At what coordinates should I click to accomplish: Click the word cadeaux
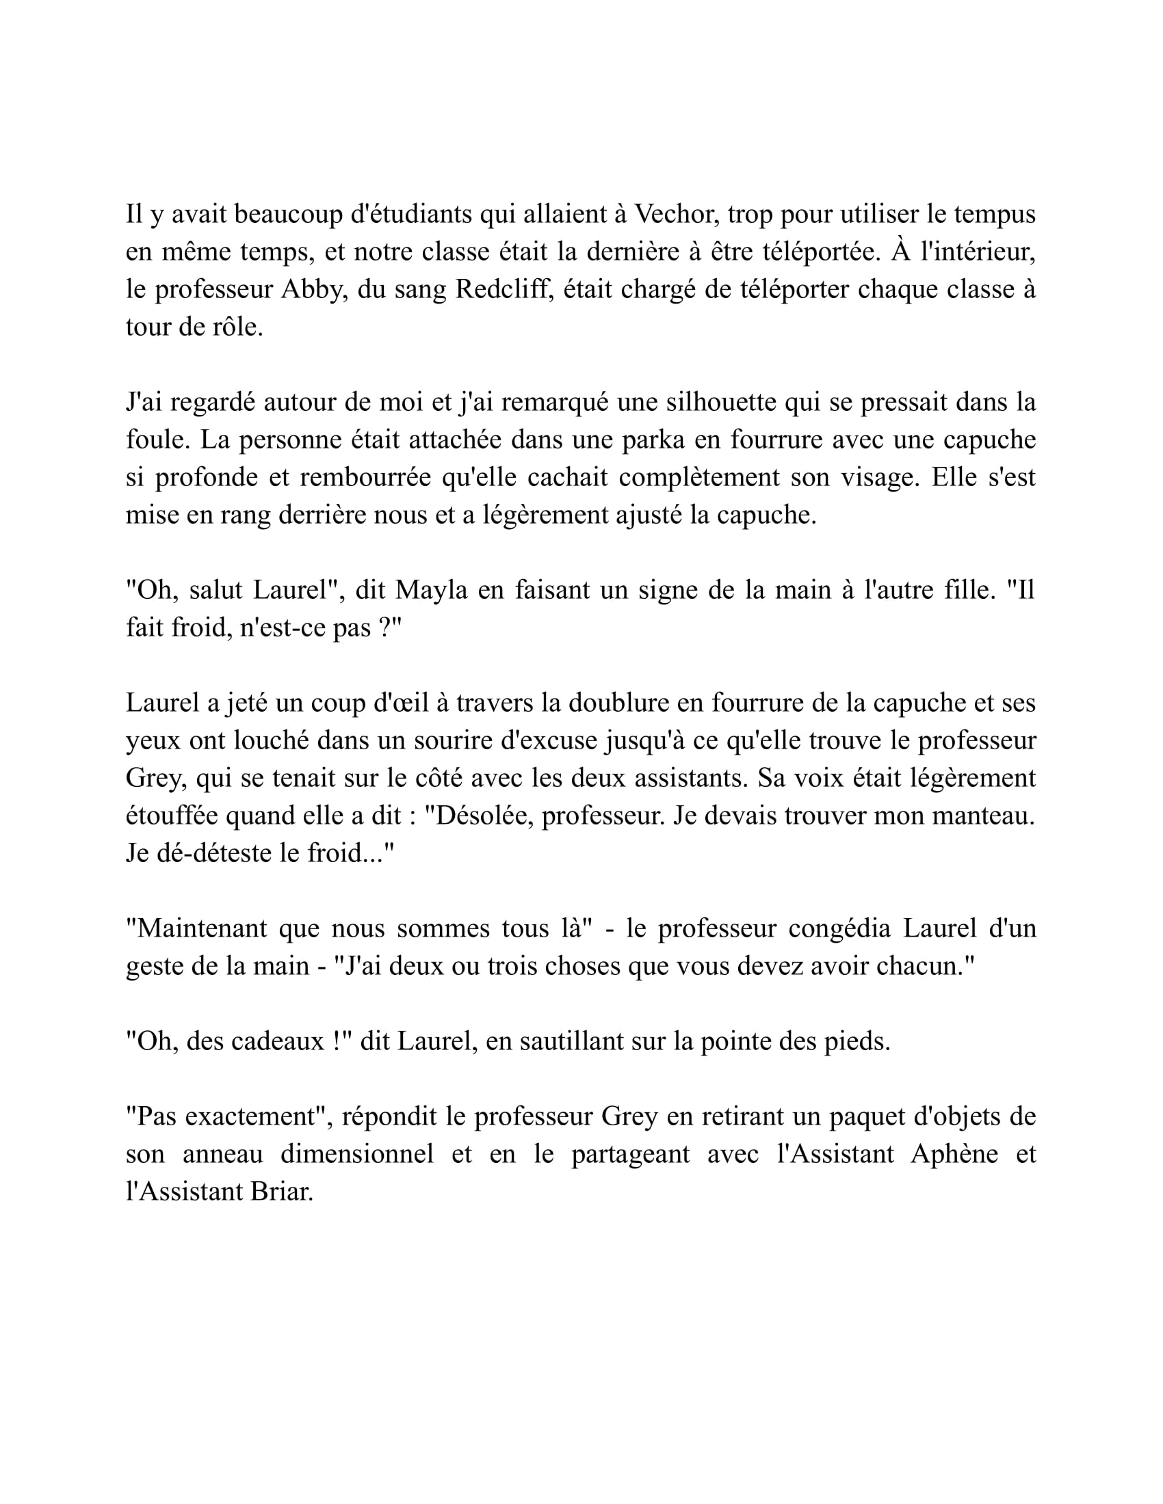(278, 1042)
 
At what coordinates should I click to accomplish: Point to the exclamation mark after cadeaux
(336, 1042)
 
